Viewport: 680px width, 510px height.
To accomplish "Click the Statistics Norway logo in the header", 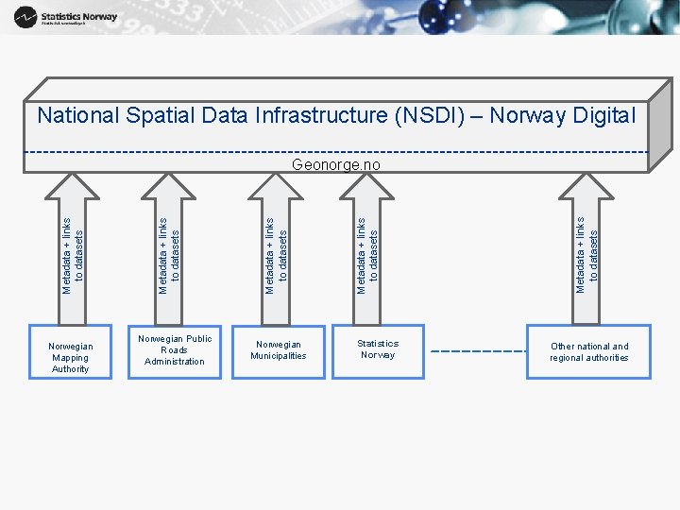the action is [x=66, y=17].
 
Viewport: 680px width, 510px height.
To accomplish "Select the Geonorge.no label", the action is [x=336, y=164].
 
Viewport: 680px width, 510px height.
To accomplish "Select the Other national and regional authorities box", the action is [x=589, y=352].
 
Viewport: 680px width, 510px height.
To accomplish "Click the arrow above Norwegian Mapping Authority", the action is [x=72, y=250].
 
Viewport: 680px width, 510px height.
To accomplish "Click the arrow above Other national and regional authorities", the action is [x=586, y=250].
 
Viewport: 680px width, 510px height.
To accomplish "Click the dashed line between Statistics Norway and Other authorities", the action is [x=478, y=351].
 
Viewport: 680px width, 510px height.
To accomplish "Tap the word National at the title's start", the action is [x=78, y=116].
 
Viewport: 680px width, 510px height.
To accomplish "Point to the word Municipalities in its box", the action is [x=279, y=356].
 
